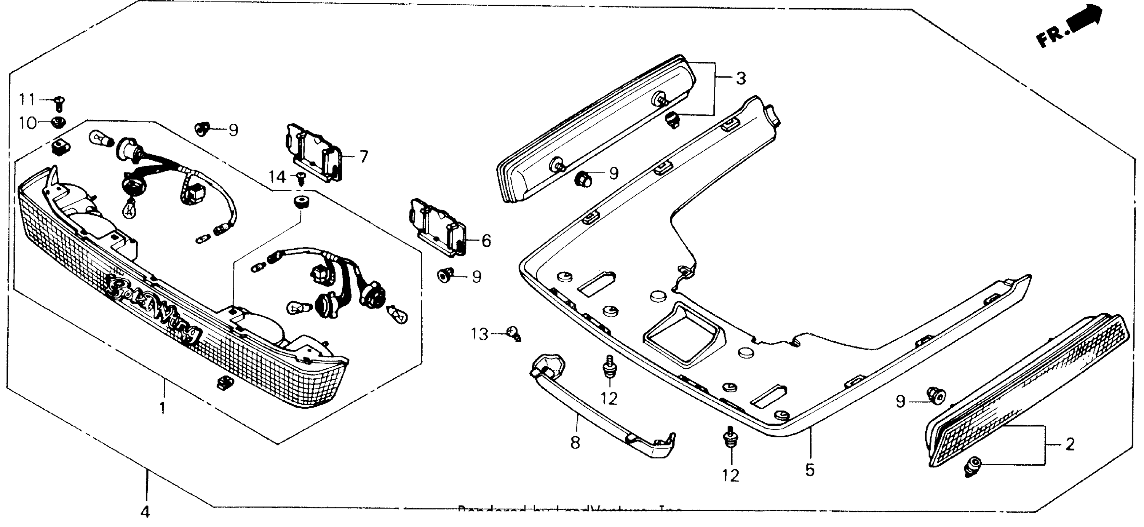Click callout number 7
[x=364, y=157]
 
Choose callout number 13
[x=480, y=334]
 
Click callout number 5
[x=809, y=470]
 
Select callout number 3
[x=741, y=79]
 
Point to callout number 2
[x=1070, y=444]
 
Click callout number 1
[x=163, y=407]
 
